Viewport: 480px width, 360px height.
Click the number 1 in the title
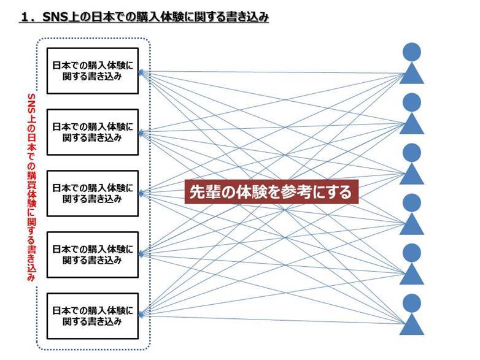[25, 17]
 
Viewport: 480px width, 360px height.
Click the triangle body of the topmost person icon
[412, 74]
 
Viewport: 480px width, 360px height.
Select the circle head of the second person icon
[412, 102]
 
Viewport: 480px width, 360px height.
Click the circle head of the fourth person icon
[412, 203]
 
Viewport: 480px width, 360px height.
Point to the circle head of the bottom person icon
[412, 303]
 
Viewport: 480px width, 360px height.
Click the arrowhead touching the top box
[141, 72]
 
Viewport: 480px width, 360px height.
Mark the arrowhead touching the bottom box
[141, 315]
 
